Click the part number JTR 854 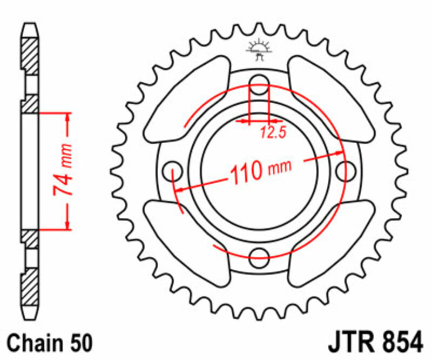coord(373,343)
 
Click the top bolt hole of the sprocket coord(260,82)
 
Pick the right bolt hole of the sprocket coord(343,170)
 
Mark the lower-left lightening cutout coord(185,237)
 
